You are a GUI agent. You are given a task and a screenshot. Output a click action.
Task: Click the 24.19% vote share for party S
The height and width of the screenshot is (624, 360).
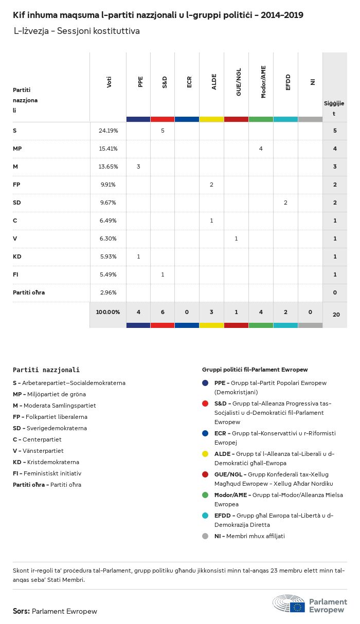(108, 131)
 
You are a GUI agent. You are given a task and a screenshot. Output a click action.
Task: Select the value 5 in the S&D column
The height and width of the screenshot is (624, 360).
(163, 131)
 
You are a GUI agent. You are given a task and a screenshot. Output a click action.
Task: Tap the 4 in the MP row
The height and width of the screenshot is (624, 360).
(261, 149)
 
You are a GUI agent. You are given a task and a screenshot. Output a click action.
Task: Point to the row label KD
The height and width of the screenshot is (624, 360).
(17, 256)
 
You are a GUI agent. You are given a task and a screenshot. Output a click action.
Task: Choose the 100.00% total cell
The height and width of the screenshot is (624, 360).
(108, 312)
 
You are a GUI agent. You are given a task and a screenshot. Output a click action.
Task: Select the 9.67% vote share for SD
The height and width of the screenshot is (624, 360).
(108, 203)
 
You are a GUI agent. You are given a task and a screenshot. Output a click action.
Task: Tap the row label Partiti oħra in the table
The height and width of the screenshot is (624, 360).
(29, 292)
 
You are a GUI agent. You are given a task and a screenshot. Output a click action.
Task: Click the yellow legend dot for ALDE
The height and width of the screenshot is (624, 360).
(205, 454)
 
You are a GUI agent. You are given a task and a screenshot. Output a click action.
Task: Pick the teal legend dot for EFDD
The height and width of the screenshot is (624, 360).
(205, 516)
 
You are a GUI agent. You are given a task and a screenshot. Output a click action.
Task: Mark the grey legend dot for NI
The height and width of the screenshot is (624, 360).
(205, 536)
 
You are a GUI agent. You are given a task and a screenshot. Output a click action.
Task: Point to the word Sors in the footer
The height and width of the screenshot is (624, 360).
(21, 611)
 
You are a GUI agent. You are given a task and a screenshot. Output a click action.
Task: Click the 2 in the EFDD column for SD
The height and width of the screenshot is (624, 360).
(285, 203)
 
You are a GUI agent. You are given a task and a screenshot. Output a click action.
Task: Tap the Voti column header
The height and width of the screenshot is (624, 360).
(109, 82)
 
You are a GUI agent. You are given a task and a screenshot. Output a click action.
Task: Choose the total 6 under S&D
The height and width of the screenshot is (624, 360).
(163, 312)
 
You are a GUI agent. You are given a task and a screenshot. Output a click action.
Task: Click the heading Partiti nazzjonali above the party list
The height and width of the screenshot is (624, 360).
(46, 370)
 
